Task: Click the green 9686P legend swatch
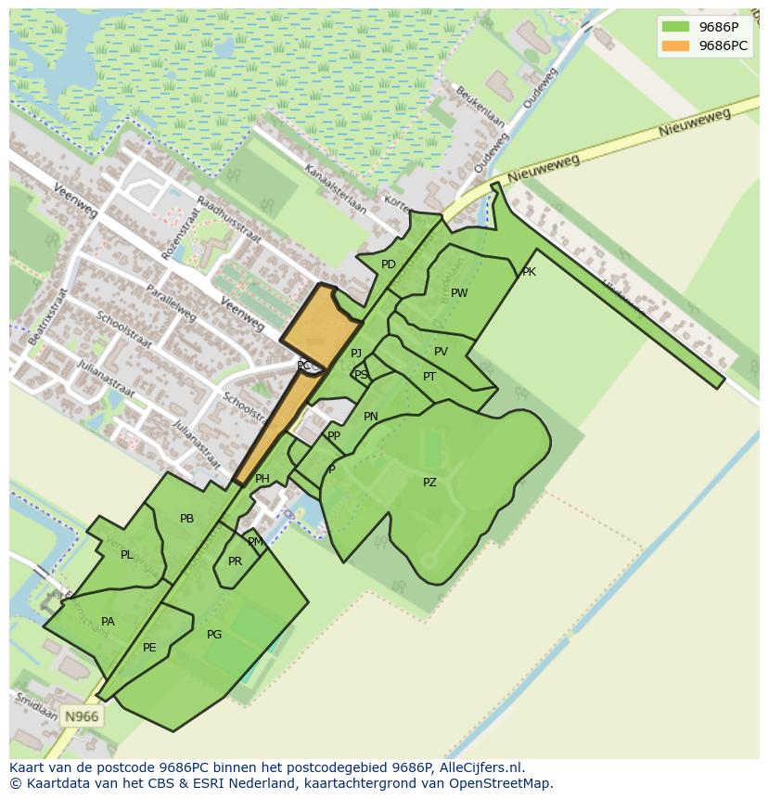coord(676,27)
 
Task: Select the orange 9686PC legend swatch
coord(676,45)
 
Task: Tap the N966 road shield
coord(81,716)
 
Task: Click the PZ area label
coord(429,483)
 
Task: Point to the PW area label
coord(459,293)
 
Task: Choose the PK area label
coord(529,272)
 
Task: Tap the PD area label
coord(389,264)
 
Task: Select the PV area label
coord(441,352)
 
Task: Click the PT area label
coord(429,377)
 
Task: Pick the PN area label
coord(371,417)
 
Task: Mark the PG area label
coord(214,635)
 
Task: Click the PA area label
coord(108,622)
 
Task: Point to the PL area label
coord(126,555)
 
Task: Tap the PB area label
coord(187,519)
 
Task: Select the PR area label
coord(235,561)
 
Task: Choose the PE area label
coord(149,648)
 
